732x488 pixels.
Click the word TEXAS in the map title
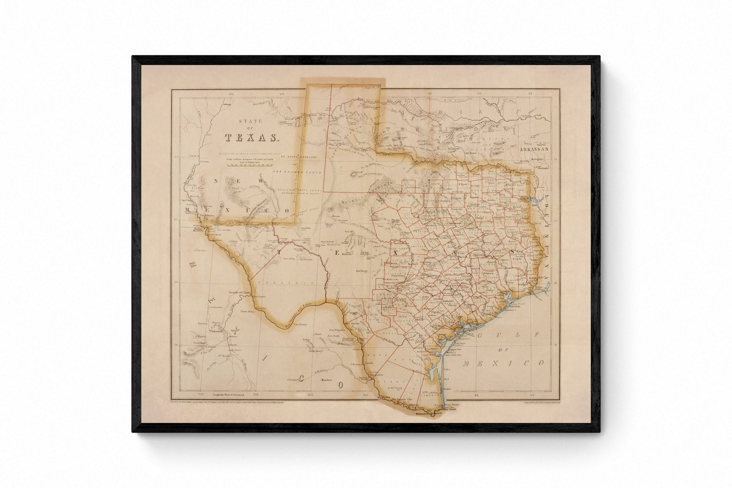[251, 137]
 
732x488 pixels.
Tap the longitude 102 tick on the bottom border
[311, 395]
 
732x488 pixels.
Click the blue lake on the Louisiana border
[534, 204]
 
